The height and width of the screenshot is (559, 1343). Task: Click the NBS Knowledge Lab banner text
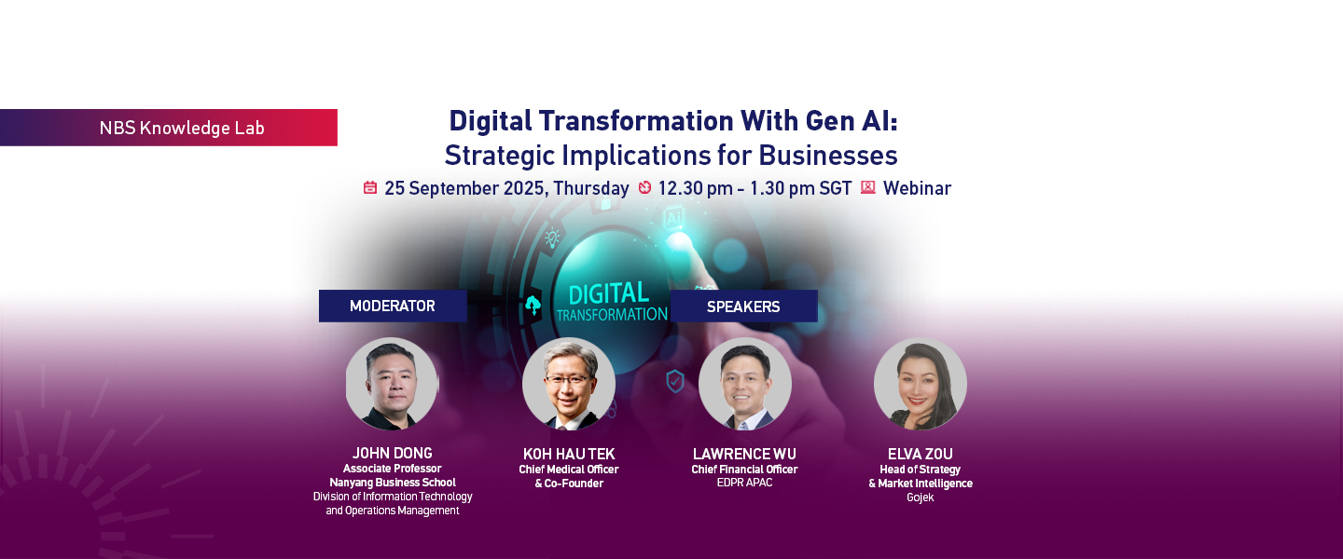[182, 128]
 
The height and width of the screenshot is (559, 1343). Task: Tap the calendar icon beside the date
[370, 187]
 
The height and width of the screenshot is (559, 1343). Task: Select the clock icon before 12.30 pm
[644, 187]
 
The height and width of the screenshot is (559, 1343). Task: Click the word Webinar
[917, 188]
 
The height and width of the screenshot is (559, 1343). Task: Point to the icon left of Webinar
[867, 187]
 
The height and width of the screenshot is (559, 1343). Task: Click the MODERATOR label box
[393, 307]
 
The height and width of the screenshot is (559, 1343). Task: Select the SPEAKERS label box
[743, 307]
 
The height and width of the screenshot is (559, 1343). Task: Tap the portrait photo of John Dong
[392, 384]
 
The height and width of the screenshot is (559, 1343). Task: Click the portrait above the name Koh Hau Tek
[568, 384]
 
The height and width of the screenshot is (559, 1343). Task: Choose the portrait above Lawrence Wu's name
[744, 384]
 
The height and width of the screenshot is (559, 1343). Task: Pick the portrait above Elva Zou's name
[921, 384]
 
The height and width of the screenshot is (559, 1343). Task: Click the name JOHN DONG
[392, 453]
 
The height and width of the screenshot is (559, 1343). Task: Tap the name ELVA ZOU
[921, 454]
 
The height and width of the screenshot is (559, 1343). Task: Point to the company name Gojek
[921, 498]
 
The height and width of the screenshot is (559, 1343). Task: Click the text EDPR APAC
[744, 483]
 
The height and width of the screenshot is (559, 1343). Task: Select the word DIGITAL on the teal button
[608, 294]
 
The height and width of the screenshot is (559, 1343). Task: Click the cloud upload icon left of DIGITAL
[533, 306]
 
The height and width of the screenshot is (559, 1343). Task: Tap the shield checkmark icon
[675, 381]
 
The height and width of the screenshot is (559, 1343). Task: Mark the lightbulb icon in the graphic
[552, 238]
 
